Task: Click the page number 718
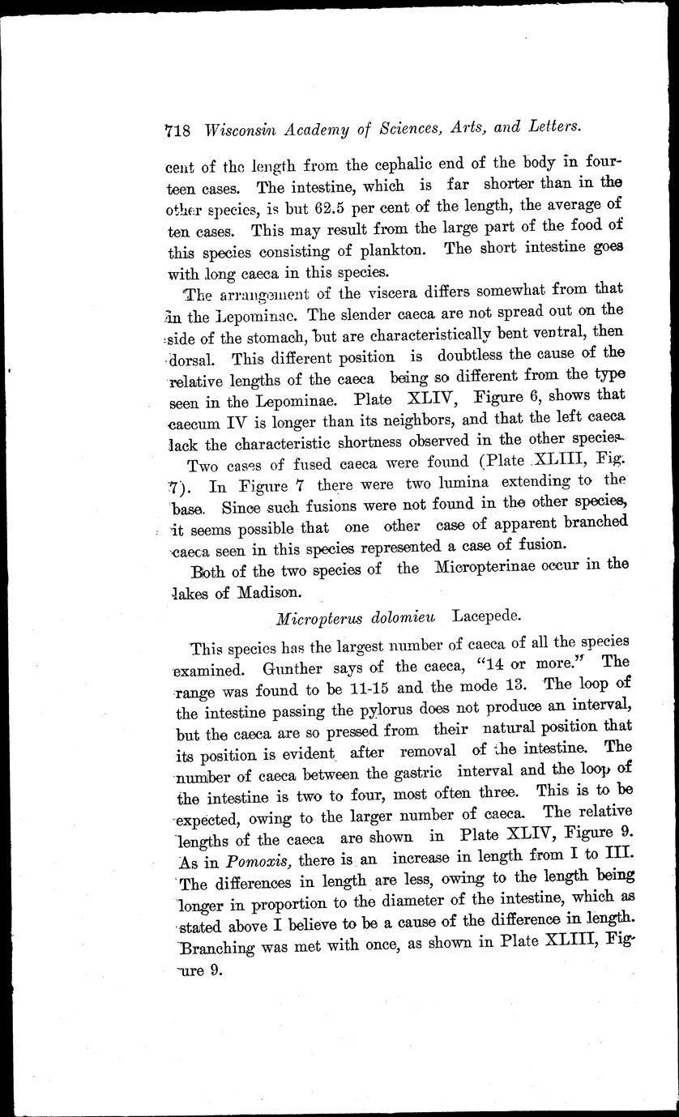(x=177, y=129)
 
